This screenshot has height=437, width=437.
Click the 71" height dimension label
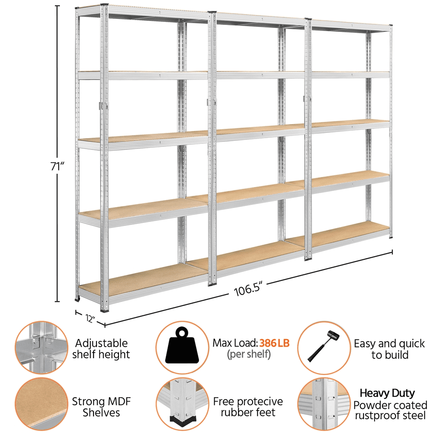(x=57, y=166)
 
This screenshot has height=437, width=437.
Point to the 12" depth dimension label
(x=90, y=318)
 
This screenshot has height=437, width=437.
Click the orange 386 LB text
(x=274, y=343)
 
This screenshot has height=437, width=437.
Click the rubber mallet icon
(x=323, y=346)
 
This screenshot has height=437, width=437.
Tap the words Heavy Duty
(x=387, y=393)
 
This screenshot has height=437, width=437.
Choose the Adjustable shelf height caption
(x=101, y=349)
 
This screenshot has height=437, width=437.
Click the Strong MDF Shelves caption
(x=101, y=407)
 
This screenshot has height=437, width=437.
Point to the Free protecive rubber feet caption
(x=248, y=406)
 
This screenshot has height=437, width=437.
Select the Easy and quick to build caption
(x=389, y=349)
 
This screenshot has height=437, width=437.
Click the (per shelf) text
(x=249, y=354)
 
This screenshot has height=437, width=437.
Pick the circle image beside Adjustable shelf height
(x=41, y=347)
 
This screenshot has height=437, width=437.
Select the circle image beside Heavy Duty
(x=324, y=404)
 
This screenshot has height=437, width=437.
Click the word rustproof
(x=375, y=416)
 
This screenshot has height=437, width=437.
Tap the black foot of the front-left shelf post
(x=104, y=310)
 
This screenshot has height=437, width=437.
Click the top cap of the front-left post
(x=104, y=5)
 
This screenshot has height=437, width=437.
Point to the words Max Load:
(x=235, y=343)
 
